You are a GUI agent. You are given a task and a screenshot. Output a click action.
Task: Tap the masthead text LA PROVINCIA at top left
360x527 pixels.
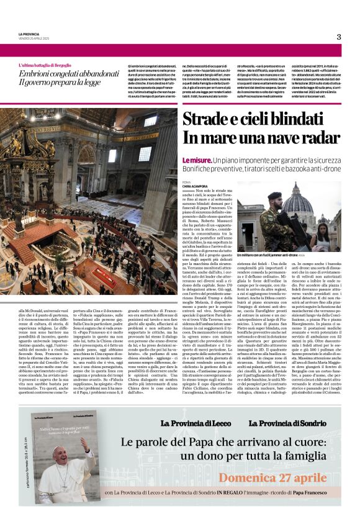click(x=29, y=34)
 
